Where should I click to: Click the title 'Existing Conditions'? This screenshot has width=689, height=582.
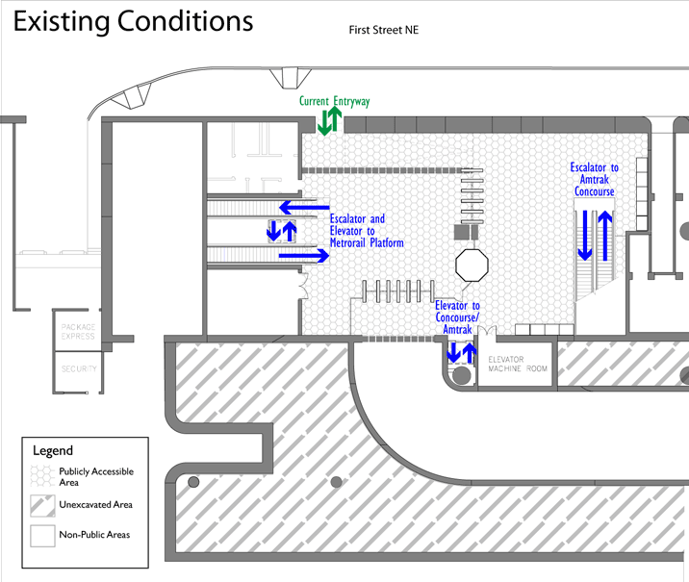pyautogui.click(x=133, y=21)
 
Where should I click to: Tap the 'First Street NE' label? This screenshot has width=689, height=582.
pyautogui.click(x=384, y=30)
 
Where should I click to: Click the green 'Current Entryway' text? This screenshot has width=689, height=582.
pyautogui.click(x=334, y=101)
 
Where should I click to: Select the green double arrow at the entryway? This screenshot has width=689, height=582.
pyautogui.click(x=329, y=120)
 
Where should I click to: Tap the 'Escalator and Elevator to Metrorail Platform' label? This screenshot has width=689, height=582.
pyautogui.click(x=366, y=231)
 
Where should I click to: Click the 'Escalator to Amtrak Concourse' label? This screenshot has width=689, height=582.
pyautogui.click(x=595, y=180)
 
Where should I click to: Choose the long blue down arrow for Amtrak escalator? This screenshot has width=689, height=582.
pyautogui.click(x=584, y=237)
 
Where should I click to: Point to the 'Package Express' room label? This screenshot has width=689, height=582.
pyautogui.click(x=78, y=332)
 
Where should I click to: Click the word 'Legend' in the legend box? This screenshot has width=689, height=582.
pyautogui.click(x=53, y=450)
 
